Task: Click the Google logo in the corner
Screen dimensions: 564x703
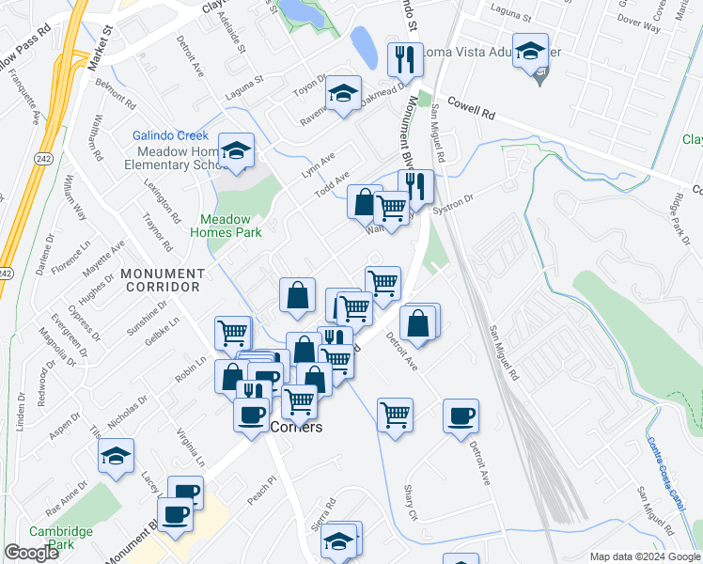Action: (32, 553)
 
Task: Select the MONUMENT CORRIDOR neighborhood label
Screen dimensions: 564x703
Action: (162, 279)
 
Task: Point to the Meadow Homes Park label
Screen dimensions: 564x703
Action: (226, 225)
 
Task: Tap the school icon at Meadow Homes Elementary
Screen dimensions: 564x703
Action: (236, 150)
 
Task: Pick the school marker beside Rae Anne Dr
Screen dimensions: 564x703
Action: (116, 456)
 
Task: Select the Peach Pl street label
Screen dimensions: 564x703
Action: (260, 489)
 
